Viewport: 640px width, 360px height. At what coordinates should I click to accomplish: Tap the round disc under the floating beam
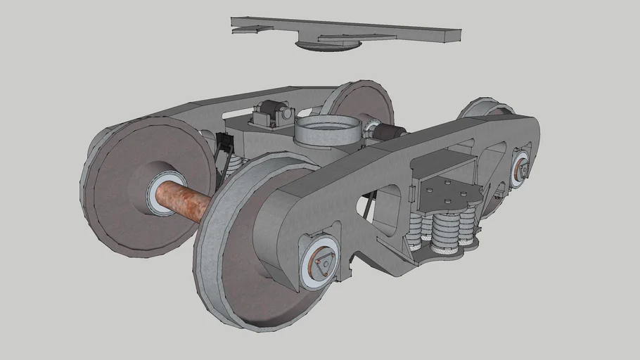tap(328, 46)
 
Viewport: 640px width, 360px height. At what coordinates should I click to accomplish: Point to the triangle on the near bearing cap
tap(323, 264)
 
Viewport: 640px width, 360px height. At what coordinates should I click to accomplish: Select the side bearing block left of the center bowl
tap(271, 113)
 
